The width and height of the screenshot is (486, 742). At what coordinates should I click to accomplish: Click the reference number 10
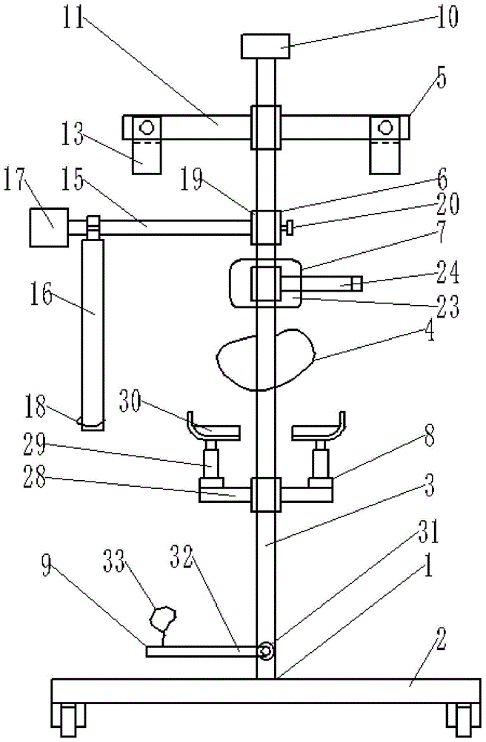click(446, 18)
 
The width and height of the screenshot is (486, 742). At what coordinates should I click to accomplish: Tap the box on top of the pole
click(265, 46)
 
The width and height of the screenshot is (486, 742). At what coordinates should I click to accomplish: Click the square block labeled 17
click(49, 228)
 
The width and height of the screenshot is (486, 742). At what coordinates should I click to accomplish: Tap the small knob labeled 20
click(287, 228)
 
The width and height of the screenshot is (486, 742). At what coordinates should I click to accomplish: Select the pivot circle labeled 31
click(267, 651)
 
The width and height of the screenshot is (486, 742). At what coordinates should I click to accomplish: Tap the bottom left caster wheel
click(69, 720)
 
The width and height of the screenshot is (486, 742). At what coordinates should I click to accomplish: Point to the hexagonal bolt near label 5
click(385, 127)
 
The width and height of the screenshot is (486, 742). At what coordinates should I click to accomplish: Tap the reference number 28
click(35, 477)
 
